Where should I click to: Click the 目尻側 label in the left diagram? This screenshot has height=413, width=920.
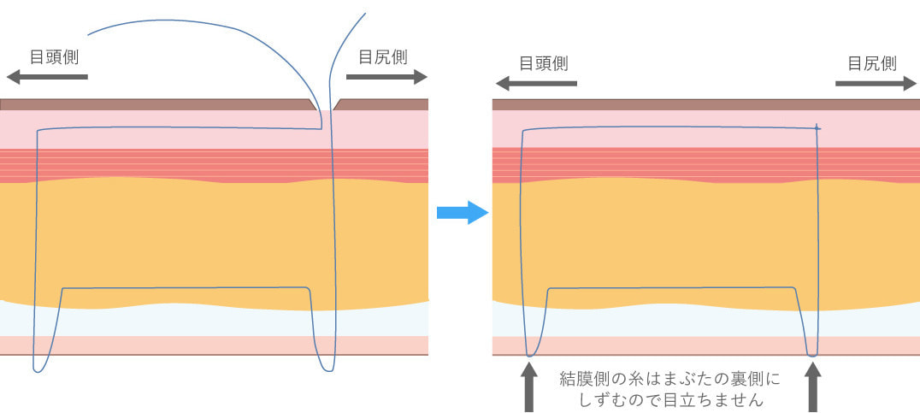pyautogui.click(x=382, y=57)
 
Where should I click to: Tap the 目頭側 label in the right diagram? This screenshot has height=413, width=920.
pyautogui.click(x=544, y=63)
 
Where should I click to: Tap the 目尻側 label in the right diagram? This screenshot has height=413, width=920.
pyautogui.click(x=871, y=63)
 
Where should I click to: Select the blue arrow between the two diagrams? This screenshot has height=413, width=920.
pyautogui.click(x=462, y=213)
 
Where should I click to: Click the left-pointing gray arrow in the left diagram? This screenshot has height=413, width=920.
pyautogui.click(x=47, y=77)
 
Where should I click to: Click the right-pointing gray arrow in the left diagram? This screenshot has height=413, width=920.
pyautogui.click(x=386, y=77)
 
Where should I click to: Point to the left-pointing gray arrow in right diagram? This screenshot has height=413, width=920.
pyautogui.click(x=536, y=84)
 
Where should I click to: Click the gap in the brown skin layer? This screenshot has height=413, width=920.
pyautogui.click(x=325, y=104)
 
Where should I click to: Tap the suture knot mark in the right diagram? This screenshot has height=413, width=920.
pyautogui.click(x=817, y=128)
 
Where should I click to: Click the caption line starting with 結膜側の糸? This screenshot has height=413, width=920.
pyautogui.click(x=669, y=378)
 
